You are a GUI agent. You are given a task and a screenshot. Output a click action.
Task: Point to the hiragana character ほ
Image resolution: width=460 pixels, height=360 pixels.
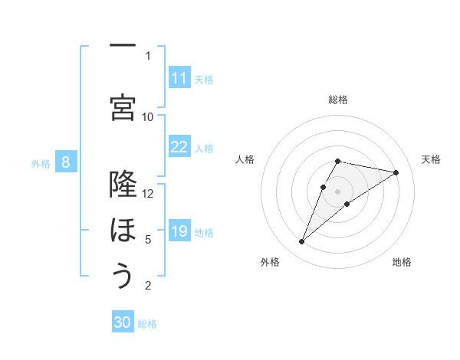pos(122,230)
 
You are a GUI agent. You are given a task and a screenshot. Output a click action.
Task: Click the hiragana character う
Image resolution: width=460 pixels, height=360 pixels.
pos(122,276)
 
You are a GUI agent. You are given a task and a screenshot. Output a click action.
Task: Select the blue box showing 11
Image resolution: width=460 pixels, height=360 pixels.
pos(179,78)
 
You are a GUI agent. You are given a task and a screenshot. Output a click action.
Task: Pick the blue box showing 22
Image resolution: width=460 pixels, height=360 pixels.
pos(179,147)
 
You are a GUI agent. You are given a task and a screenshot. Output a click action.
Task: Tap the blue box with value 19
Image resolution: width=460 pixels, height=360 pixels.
pos(179,231)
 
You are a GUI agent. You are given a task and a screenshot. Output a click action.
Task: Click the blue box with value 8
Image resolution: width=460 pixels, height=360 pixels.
pos(66,162)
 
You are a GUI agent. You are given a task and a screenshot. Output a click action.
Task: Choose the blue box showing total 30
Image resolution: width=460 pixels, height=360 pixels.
pos(123,322)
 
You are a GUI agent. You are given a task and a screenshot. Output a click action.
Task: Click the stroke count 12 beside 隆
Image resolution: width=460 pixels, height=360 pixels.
pos(148,193)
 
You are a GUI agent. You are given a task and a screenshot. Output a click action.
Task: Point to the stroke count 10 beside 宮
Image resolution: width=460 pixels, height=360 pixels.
pos(148,116)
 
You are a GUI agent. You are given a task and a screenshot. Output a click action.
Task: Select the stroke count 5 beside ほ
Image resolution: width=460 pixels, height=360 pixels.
pos(148,240)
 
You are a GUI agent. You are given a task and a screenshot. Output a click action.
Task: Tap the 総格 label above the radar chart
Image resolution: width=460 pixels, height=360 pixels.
pos(337,100)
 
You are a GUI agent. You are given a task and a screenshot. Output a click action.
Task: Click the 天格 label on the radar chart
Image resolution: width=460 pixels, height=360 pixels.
pos(432,159)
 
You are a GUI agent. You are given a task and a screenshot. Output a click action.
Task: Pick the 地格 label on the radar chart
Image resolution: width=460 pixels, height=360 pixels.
pos(402,262)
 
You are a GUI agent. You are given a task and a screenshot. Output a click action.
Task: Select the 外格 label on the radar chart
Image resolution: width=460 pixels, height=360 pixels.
pos(270,262)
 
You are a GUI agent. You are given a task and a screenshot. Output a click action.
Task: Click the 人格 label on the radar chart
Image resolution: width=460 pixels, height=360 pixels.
pos(245,159)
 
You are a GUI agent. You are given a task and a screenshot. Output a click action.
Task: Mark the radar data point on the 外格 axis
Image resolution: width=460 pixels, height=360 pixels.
pos(301,242)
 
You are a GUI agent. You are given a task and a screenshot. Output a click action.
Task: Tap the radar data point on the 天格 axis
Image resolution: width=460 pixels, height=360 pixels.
pos(396,173)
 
